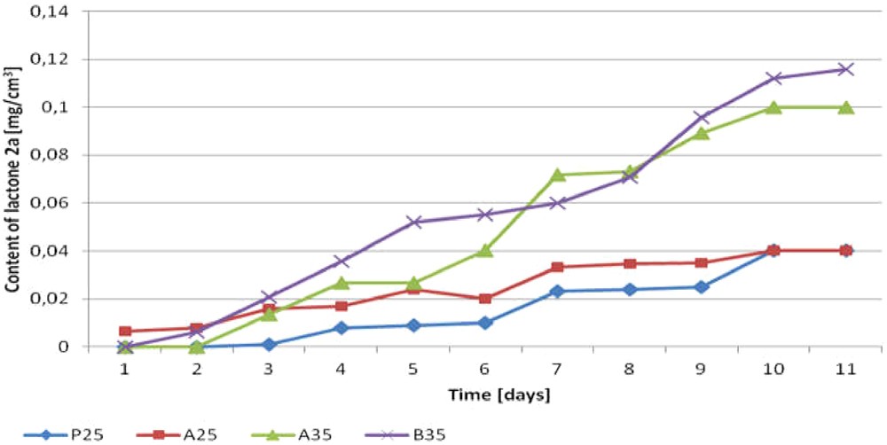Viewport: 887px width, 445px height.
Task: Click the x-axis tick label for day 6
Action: pyautogui.click(x=485, y=368)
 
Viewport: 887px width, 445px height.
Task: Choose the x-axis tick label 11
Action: pyautogui.click(x=845, y=368)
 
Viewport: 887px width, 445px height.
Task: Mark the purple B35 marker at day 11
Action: pyautogui.click(x=845, y=69)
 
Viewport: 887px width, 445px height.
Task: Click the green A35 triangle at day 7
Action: pyautogui.click(x=557, y=175)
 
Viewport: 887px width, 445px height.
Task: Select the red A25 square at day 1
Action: pyautogui.click(x=125, y=331)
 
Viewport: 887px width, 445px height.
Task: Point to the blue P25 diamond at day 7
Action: pyautogui.click(x=557, y=291)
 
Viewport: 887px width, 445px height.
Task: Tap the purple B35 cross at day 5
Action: pyautogui.click(x=413, y=222)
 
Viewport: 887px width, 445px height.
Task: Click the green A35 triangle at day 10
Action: pyautogui.click(x=773, y=107)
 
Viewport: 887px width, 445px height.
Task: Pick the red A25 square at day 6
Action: pyautogui.click(x=485, y=299)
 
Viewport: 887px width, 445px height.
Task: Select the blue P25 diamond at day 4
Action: pyautogui.click(x=341, y=328)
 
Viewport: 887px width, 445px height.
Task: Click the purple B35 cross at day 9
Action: pyautogui.click(x=702, y=117)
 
